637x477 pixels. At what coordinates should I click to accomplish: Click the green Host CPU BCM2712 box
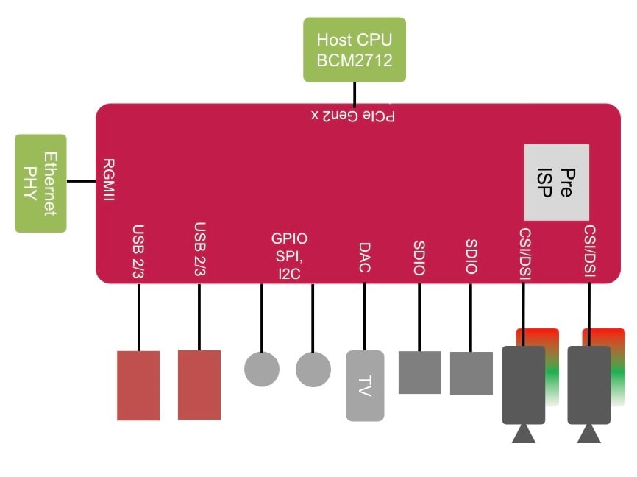coord(355,49)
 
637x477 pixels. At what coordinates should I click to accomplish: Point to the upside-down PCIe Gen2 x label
coord(354,116)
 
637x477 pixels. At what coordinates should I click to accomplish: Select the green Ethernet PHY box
coord(41,183)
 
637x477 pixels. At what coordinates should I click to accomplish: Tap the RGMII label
coord(108,180)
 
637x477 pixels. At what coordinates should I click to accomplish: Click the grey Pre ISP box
coord(556,183)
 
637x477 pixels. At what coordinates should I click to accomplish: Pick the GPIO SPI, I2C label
coord(289,256)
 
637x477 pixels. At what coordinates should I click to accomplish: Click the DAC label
coord(365,257)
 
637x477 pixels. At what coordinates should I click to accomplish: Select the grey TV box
coord(365,386)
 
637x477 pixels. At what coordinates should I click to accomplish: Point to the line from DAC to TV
coord(365,317)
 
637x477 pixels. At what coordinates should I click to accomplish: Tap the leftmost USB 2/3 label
coord(138,250)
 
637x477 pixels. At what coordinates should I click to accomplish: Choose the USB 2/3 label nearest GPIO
coord(199,250)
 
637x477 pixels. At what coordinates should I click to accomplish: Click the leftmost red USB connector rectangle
coord(138,385)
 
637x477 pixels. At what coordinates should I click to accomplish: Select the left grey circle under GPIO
coord(261,369)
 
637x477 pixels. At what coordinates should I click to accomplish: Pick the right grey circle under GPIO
coord(313,369)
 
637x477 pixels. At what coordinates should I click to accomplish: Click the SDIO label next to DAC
coord(419,258)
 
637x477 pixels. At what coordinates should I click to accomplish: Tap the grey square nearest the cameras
coord(471,372)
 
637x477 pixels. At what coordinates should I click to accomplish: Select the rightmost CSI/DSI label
coord(589,252)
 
